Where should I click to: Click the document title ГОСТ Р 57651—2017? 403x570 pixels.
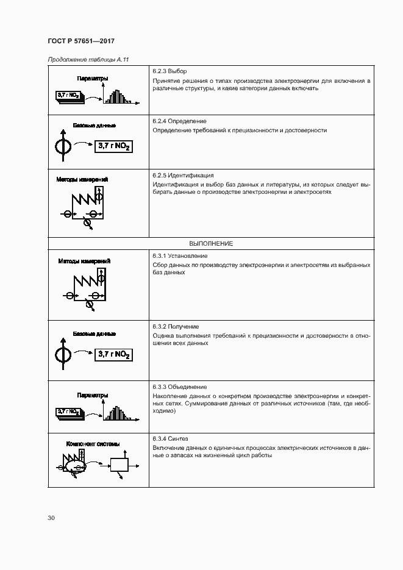(x=81, y=41)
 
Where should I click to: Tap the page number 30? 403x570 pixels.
(x=51, y=518)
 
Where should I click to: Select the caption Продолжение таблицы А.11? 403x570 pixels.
(x=88, y=59)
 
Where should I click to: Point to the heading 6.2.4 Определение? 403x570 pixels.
(x=180, y=121)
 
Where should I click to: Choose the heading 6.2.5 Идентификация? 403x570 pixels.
(x=183, y=175)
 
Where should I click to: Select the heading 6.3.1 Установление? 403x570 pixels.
(x=180, y=255)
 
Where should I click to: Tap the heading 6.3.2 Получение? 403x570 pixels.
(x=176, y=327)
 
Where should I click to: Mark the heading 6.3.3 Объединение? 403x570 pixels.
(x=180, y=387)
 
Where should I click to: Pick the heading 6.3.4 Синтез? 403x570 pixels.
(x=171, y=439)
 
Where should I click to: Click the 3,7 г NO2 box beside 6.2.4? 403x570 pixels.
(x=113, y=147)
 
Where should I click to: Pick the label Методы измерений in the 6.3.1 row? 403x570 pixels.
(x=84, y=261)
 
